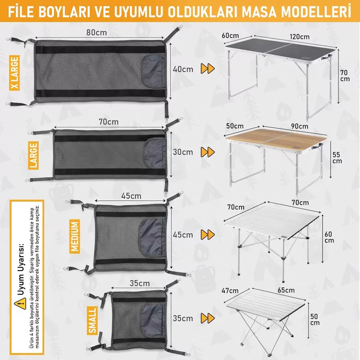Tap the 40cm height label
pyautogui.click(x=183, y=69)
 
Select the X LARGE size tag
pyautogui.click(x=15, y=73)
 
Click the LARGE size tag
pyautogui.click(x=33, y=154)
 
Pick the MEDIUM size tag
pyautogui.click(x=75, y=235)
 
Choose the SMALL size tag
pyautogui.click(x=92, y=320)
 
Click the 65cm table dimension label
pyautogui.click(x=286, y=290)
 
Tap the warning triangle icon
pyautogui.click(x=18, y=303)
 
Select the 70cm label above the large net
pyautogui.click(x=109, y=121)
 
